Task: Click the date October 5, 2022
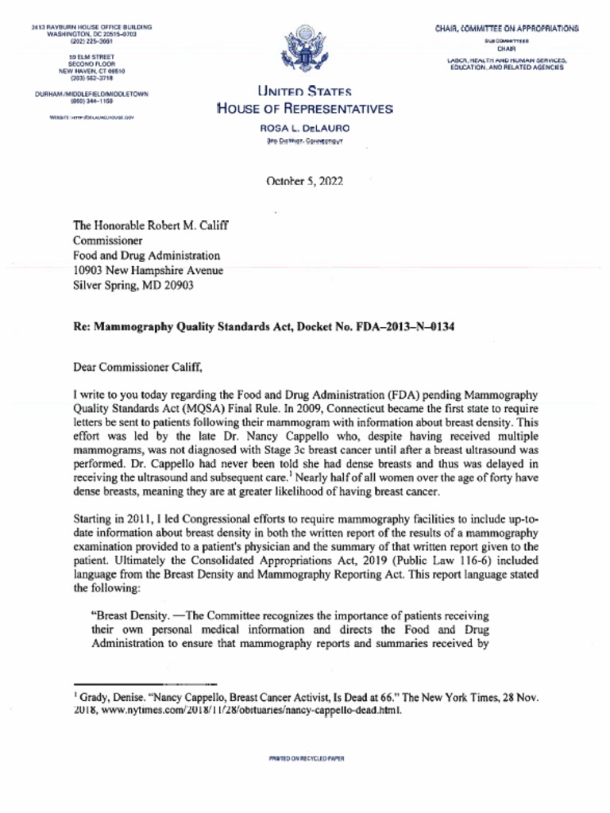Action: click(304, 181)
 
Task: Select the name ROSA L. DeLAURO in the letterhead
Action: click(304, 128)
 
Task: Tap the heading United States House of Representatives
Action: click(304, 101)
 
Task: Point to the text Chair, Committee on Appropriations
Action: click(506, 29)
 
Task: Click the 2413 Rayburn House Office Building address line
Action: click(91, 28)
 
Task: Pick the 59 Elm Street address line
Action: click(91, 57)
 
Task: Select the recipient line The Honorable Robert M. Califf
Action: click(151, 225)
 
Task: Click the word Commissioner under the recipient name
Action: click(108, 241)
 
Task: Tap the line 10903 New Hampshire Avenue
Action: click(148, 271)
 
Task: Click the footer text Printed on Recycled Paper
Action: click(306, 759)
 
